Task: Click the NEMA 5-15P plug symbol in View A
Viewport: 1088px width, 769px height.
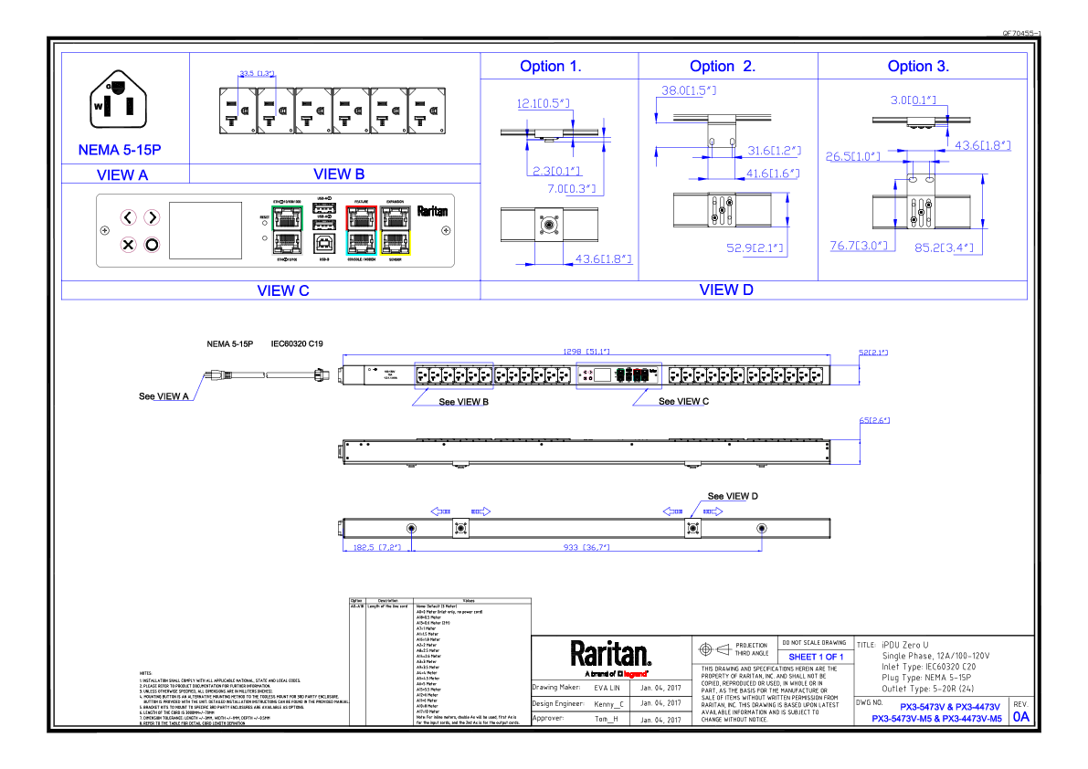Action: point(116,102)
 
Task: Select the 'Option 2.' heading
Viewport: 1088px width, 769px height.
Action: point(723,66)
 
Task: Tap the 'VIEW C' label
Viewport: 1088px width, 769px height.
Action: point(283,290)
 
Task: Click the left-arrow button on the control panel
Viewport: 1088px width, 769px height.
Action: point(129,217)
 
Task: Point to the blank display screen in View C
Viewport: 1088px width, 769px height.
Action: point(206,230)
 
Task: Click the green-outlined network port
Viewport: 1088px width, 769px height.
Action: point(288,217)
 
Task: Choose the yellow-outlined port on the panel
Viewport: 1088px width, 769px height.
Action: point(397,241)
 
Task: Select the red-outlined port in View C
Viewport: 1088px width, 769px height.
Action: point(363,217)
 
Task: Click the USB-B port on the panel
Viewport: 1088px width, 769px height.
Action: point(324,242)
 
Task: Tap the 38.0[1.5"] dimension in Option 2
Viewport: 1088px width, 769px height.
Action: point(689,91)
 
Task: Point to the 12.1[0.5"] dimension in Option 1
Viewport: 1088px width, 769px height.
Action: point(544,104)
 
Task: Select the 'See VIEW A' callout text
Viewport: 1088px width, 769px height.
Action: point(164,396)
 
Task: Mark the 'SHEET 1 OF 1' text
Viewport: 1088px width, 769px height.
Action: point(816,657)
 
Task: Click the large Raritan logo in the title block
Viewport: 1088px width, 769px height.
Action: point(611,654)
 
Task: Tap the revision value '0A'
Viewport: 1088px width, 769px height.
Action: point(1020,717)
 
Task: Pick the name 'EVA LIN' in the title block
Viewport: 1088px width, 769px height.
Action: point(607,687)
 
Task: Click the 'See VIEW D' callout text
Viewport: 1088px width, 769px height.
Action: point(733,496)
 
